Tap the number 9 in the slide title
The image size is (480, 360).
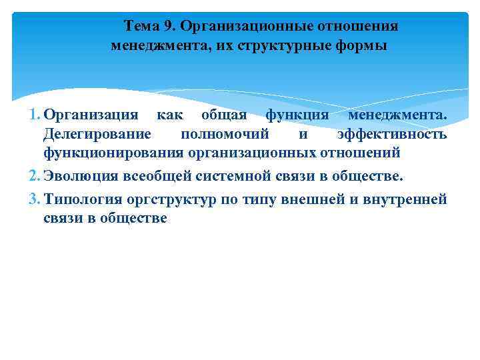(167, 26)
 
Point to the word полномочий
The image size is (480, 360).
(225, 134)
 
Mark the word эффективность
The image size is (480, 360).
(392, 134)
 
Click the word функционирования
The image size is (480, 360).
(113, 153)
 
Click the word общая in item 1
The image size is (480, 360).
(219, 115)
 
